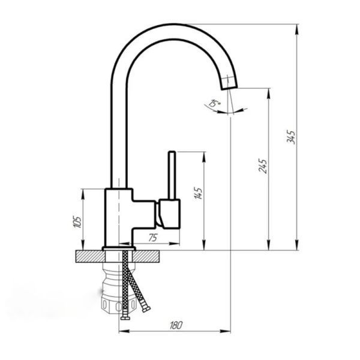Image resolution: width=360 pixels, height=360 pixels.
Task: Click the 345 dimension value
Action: coord(291,137)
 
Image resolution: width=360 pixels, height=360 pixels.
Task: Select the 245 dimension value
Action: coord(263,166)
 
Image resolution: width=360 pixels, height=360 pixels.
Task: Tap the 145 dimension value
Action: coord(198,193)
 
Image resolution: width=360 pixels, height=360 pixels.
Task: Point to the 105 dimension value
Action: coord(77,222)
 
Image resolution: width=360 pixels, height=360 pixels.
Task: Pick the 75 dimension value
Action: coord(152,238)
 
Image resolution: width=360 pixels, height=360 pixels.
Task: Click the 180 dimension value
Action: coord(176,325)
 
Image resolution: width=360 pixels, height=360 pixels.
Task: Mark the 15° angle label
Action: coord(214,103)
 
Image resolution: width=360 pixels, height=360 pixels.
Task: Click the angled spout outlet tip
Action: coord(229,84)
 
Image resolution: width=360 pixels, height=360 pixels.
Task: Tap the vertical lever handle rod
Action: coord(172,175)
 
